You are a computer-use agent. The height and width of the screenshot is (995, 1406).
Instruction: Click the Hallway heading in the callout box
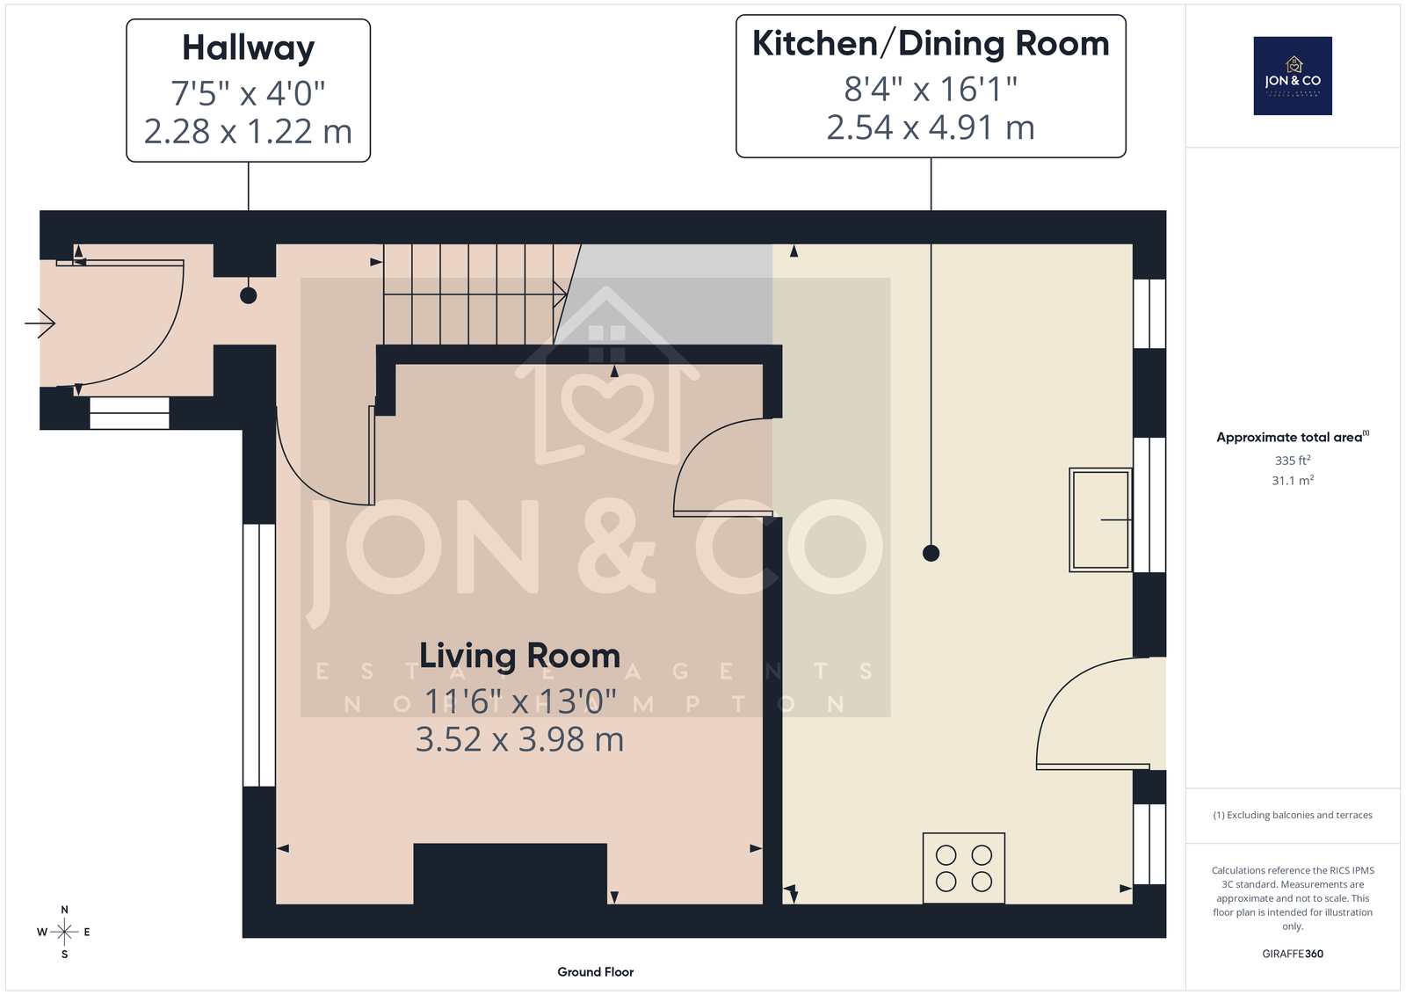pos(248,48)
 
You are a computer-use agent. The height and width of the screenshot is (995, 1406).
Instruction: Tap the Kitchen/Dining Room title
pos(931,44)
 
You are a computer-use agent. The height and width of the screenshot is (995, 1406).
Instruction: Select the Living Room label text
pos(519,656)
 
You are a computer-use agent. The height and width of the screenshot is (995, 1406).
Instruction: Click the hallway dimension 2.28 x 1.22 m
pos(248,131)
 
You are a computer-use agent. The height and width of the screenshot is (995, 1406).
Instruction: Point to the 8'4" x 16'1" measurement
pos(931,89)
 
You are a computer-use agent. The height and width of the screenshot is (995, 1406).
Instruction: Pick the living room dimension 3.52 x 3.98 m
pos(519,739)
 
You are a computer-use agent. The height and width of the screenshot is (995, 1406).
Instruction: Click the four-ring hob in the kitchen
pos(963,868)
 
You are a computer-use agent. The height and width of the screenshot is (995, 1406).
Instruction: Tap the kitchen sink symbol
pos(1101,519)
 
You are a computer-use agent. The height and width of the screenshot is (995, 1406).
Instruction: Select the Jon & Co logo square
pos(1293,76)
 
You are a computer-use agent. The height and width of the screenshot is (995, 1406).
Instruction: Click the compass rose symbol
pos(64,933)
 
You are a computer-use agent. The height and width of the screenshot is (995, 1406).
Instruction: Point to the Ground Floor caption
pos(595,972)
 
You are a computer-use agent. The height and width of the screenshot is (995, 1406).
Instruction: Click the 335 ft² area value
pos(1293,461)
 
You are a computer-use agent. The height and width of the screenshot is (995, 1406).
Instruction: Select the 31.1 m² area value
pos(1293,480)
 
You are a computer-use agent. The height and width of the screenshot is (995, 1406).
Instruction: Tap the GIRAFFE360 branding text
pos(1293,955)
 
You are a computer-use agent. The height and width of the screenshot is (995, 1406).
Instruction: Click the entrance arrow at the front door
pos(40,323)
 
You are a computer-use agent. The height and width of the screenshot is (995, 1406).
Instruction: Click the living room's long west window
pos(258,655)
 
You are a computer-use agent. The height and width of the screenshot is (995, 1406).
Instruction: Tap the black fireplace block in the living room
pos(510,874)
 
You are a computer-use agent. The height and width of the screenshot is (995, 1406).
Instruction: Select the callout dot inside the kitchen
pos(931,553)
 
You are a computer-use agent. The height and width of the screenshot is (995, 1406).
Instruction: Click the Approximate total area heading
pos(1293,437)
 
